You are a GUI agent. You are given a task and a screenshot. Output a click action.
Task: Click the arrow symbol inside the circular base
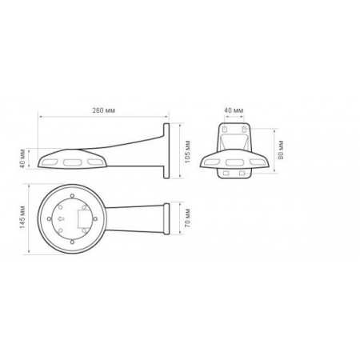point(60,216)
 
